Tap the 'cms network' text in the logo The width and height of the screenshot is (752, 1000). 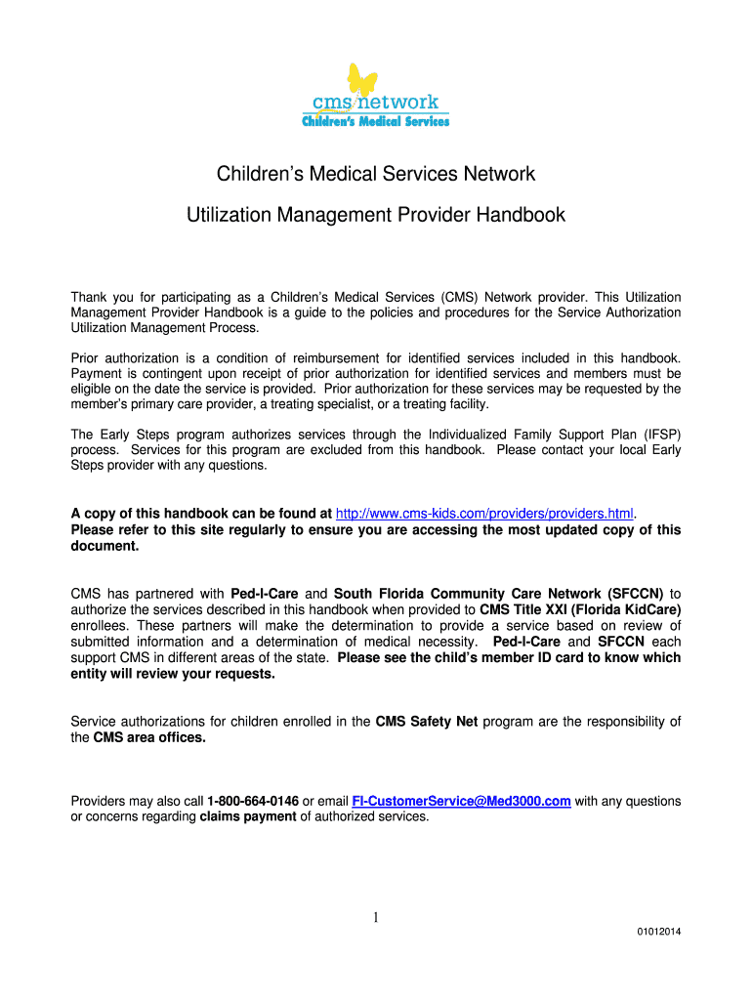[x=375, y=103]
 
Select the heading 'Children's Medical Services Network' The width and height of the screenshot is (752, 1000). [x=376, y=174]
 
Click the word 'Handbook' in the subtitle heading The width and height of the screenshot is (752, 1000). [x=519, y=215]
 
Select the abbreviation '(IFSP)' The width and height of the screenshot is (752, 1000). [x=658, y=434]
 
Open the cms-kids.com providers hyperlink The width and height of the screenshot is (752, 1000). [x=484, y=514]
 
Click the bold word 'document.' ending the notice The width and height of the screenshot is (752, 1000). [x=105, y=546]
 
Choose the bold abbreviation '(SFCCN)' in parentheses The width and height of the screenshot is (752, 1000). [x=636, y=594]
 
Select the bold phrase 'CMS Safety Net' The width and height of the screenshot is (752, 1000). [x=427, y=722]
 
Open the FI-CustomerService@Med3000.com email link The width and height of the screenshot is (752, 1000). [x=461, y=801]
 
